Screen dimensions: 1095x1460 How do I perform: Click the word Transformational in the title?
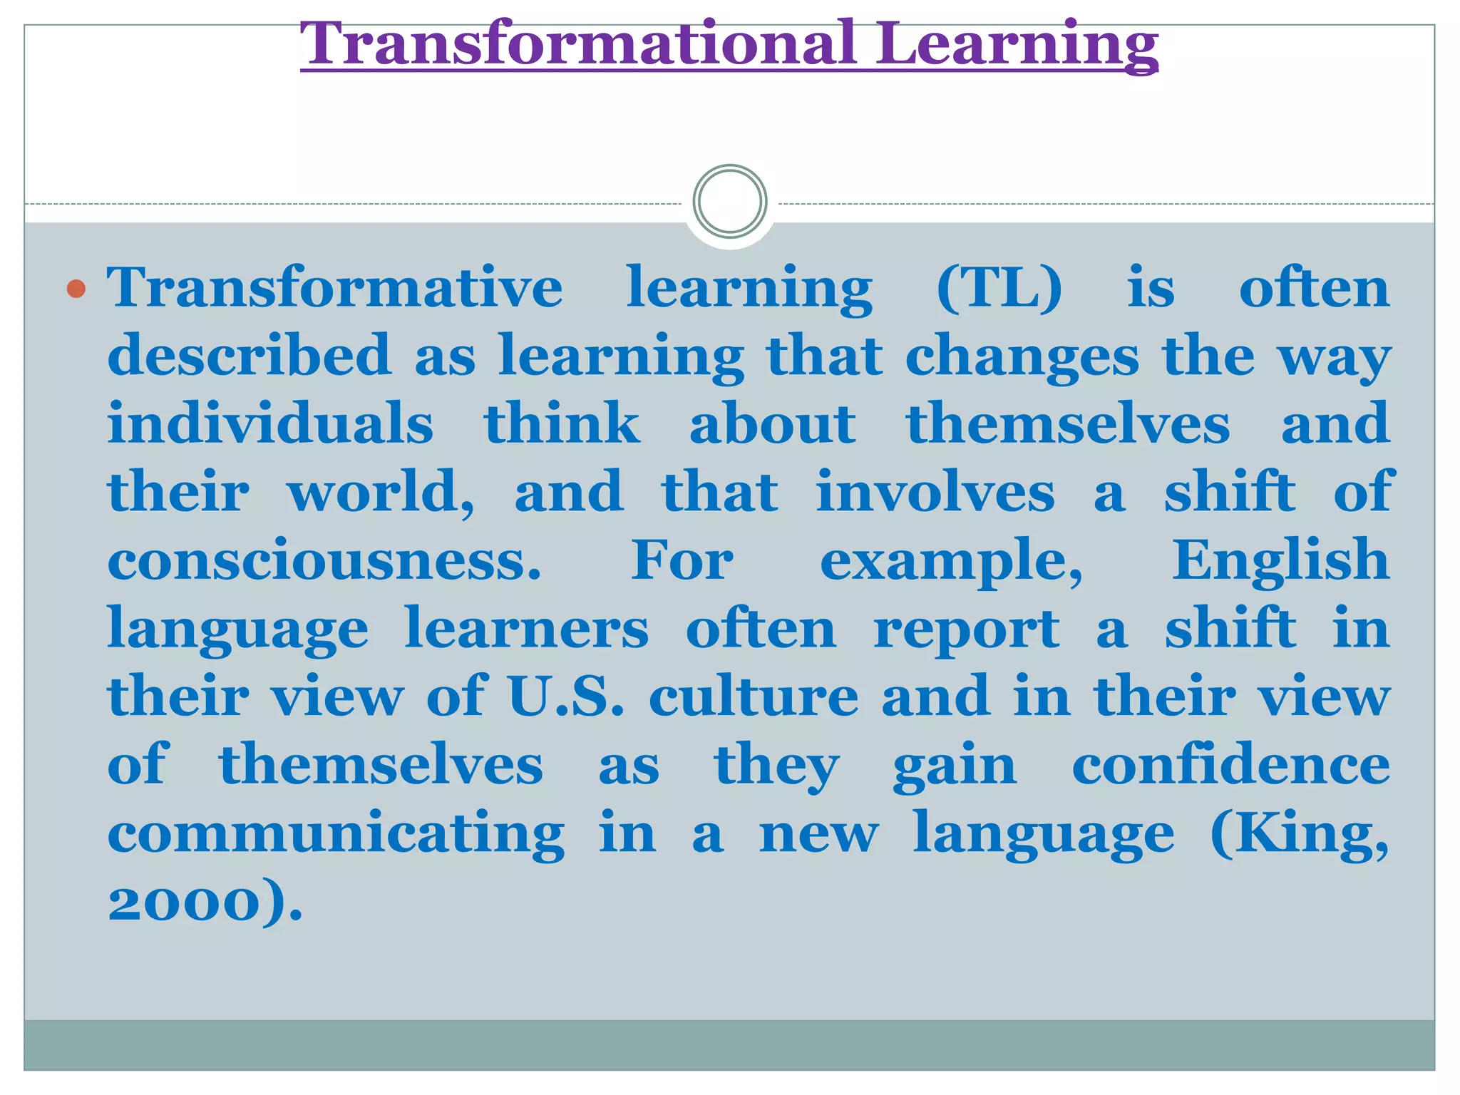pos(577,44)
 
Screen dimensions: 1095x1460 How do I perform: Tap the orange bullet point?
pos(76,289)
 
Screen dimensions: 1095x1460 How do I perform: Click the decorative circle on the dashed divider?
pos(729,202)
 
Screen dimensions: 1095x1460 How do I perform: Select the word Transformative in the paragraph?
pos(335,287)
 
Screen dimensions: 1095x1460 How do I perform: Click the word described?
pos(249,354)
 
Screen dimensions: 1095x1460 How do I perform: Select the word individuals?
pos(270,423)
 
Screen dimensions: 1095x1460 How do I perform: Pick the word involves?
pos(935,492)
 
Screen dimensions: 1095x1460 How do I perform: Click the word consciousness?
pos(324,561)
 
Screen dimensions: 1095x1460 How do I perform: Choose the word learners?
pos(527,629)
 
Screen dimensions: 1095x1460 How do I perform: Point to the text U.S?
pos(565,696)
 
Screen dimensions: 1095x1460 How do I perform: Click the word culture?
pos(754,697)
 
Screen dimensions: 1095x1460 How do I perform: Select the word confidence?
pos(1230,765)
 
